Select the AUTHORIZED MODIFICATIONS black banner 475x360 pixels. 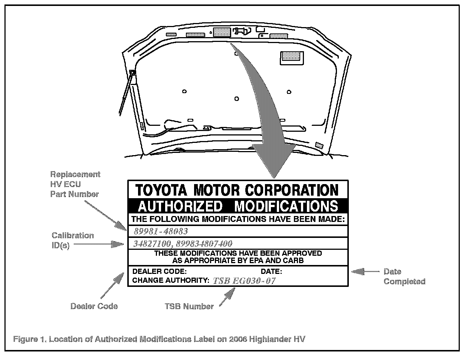[x=238, y=206]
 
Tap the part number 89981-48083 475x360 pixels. [x=161, y=231]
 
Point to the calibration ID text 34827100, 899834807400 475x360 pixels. [x=183, y=243]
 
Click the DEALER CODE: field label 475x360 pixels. [x=157, y=271]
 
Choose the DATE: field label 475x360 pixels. [x=271, y=271]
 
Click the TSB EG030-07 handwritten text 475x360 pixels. [x=244, y=281]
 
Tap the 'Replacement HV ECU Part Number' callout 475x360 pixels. [x=75, y=184]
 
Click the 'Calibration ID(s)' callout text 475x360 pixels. [x=72, y=240]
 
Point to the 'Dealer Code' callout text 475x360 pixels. [x=94, y=306]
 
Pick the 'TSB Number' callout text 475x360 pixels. [x=189, y=306]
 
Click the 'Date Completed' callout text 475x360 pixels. [x=404, y=276]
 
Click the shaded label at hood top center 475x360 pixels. [x=222, y=32]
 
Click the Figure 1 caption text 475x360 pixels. [x=159, y=339]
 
